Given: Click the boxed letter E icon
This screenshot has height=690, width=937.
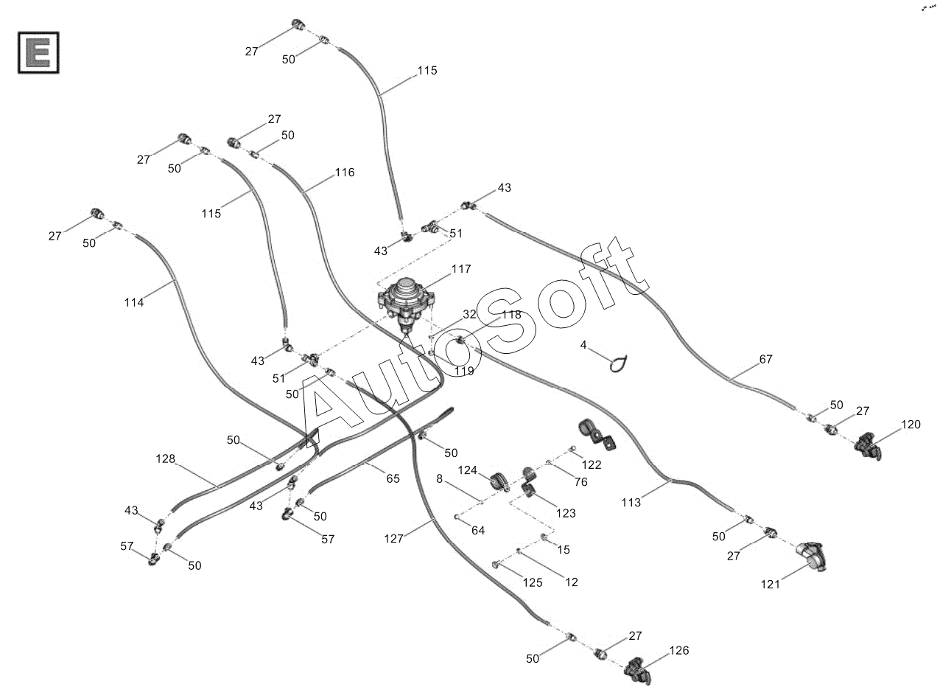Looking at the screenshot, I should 38,53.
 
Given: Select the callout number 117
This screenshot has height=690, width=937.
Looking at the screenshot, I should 461,269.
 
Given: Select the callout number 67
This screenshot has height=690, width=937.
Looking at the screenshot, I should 766,360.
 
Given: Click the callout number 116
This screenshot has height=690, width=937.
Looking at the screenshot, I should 344,172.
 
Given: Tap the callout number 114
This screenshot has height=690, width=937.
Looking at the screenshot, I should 134,302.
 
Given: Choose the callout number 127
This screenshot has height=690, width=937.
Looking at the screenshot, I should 394,539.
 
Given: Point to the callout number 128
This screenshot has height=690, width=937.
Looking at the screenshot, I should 166,459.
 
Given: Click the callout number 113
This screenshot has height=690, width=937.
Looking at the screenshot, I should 631,503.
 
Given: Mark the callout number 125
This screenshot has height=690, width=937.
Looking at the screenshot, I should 533,582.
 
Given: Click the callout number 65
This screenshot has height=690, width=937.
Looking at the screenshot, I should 393,478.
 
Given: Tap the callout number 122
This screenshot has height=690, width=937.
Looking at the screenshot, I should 591,464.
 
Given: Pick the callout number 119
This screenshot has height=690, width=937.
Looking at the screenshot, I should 464,371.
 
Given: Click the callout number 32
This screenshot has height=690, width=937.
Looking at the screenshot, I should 470,314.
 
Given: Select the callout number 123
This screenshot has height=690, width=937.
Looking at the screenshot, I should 566,513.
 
